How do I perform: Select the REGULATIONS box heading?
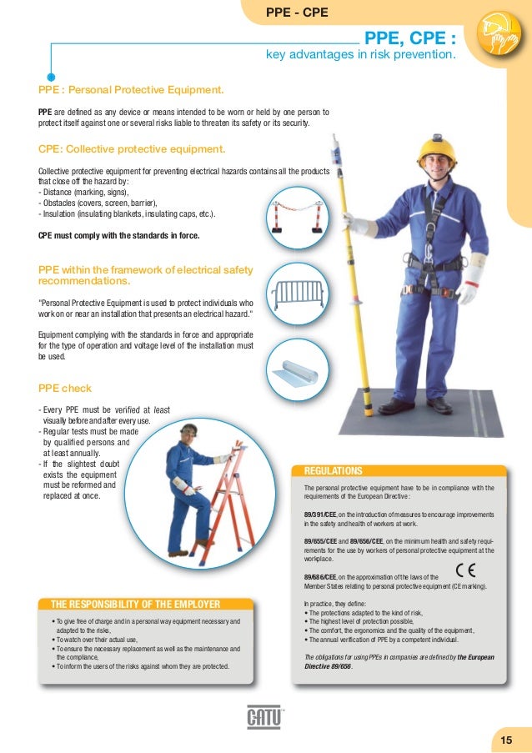[x=334, y=471]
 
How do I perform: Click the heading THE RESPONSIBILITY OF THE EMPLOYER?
[x=135, y=605]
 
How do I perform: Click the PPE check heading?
[x=65, y=389]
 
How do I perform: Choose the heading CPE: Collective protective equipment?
[x=132, y=150]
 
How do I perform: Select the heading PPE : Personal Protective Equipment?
[x=131, y=88]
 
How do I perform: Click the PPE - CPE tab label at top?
[x=296, y=13]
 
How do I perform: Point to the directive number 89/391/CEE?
[x=320, y=515]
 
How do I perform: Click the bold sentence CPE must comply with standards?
[x=119, y=236]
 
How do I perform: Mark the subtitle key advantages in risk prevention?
[x=360, y=56]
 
